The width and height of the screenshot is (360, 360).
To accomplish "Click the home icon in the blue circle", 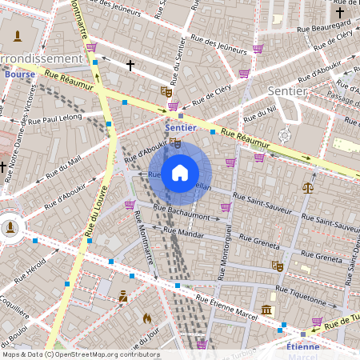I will pyautogui.click(x=180, y=173).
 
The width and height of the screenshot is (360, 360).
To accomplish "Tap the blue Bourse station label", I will pyautogui.click(x=19, y=74).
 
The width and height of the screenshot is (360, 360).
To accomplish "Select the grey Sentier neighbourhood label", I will pyautogui.click(x=288, y=91).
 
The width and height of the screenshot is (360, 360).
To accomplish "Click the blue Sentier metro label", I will pyautogui.click(x=180, y=128).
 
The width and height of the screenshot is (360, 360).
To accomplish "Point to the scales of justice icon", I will pyautogui.click(x=308, y=186).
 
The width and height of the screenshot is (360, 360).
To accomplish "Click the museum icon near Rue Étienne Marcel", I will pyautogui.click(x=266, y=310).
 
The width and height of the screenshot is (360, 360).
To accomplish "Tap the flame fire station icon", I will pyautogui.click(x=147, y=318).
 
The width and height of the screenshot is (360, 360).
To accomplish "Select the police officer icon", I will pyautogui.click(x=122, y=298).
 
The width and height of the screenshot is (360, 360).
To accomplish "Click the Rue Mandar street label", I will pyautogui.click(x=183, y=234).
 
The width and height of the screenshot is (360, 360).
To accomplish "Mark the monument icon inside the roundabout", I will pyautogui.click(x=10, y=227).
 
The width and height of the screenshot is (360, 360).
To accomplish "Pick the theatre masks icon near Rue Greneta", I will pyautogui.click(x=278, y=265).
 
